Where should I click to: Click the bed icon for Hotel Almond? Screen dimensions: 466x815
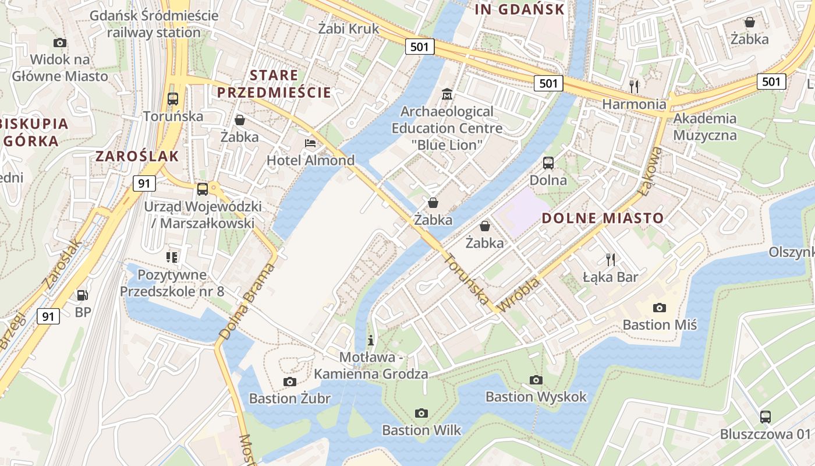pos(311,143)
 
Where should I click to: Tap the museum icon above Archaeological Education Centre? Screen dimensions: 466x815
pos(447,94)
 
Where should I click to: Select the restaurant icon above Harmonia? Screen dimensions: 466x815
pos(634,86)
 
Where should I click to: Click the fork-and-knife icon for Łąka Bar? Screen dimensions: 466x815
pos(611,259)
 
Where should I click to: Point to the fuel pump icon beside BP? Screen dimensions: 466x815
pos(83,295)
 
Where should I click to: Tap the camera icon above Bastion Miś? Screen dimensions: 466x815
pos(659,308)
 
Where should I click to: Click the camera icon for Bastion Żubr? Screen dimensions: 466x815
pos(289,382)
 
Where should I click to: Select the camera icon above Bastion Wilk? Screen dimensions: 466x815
pos(421,413)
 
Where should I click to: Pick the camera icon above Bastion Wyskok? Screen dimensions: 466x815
pos(536,380)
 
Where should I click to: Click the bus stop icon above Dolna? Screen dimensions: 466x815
pos(548,163)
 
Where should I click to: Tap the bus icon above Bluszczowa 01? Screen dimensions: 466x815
pos(766,416)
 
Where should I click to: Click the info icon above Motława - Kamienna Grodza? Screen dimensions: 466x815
pos(371,340)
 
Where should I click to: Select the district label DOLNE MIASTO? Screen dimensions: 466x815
pos(603,218)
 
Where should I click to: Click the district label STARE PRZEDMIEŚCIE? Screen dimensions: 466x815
pos(274,84)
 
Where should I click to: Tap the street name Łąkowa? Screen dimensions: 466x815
pos(651,170)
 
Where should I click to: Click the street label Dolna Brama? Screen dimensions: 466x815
pos(247,302)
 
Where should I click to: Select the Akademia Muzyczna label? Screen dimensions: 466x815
pos(705,127)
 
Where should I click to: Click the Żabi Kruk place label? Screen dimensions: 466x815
pos(349,29)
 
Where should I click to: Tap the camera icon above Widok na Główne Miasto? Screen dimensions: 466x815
pos(60,43)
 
